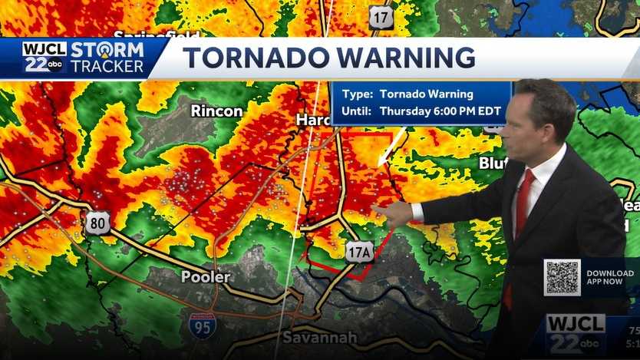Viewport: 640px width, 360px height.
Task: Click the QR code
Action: tap(562, 278)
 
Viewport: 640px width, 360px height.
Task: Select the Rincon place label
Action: tap(216, 111)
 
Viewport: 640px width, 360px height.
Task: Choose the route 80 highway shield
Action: tap(97, 223)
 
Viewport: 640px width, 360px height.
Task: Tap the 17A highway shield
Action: tap(358, 251)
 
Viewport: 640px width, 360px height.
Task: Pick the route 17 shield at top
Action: tap(381, 17)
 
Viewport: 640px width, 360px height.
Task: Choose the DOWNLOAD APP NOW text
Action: tap(609, 278)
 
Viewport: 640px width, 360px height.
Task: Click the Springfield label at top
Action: tap(157, 35)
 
